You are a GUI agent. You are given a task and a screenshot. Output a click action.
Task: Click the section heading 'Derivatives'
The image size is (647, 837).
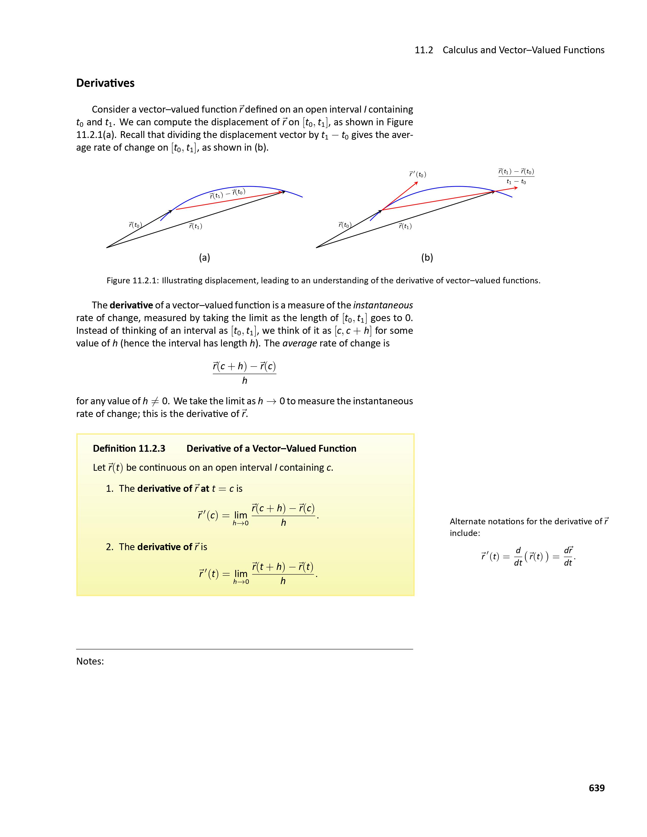[x=105, y=83]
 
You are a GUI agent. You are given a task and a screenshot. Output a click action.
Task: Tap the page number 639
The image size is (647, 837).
[x=597, y=788]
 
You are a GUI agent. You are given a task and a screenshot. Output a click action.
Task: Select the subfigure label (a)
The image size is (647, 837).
[x=204, y=257]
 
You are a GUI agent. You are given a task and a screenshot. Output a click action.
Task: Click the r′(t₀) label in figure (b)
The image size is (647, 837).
[x=417, y=175]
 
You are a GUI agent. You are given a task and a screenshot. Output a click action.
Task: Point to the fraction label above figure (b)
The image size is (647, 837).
[x=516, y=176]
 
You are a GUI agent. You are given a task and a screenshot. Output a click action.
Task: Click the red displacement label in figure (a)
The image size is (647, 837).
[x=227, y=194]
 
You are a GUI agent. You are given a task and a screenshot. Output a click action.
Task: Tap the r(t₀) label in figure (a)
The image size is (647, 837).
[x=135, y=225]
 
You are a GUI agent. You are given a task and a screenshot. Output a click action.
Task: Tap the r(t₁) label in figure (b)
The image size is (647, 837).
[x=405, y=226]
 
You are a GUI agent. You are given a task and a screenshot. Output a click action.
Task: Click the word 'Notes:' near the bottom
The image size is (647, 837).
[x=90, y=661]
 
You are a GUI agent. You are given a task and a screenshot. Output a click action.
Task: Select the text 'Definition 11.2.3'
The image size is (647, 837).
[x=129, y=448]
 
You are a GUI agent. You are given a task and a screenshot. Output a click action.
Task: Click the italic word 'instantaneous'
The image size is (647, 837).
[x=383, y=305]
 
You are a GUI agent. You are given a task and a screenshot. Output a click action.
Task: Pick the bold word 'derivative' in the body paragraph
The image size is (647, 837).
[x=131, y=305]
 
